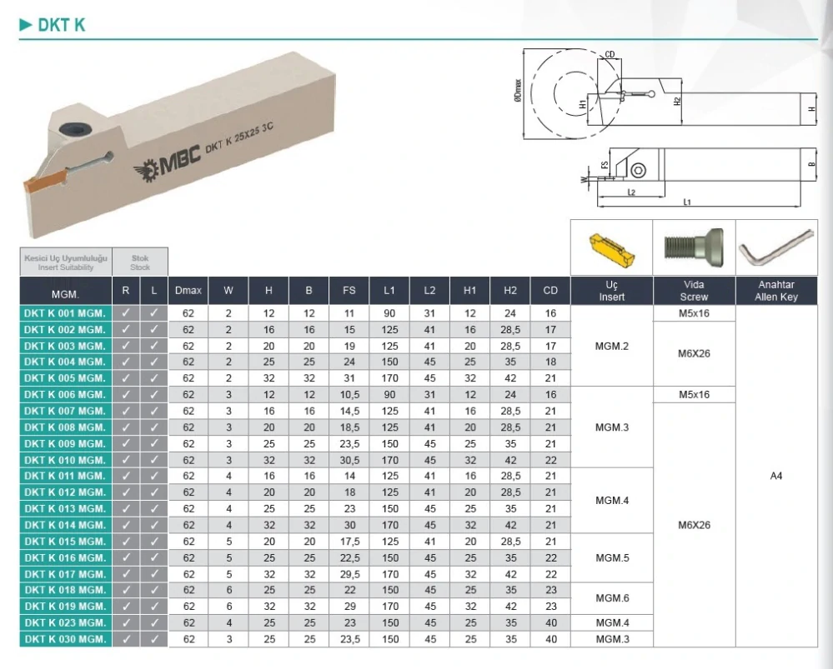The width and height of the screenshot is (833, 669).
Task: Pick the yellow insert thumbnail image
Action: [611, 248]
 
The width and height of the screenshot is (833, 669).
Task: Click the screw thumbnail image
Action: [694, 247]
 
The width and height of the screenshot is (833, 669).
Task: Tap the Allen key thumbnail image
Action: [776, 247]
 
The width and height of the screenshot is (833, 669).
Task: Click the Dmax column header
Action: [188, 291]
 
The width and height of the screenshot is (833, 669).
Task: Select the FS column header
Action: [349, 291]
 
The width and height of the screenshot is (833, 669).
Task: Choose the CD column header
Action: [550, 291]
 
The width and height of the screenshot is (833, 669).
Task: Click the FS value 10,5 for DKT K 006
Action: [349, 395]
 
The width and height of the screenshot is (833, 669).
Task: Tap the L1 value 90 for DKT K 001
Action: [389, 313]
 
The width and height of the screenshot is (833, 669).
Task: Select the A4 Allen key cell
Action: [776, 476]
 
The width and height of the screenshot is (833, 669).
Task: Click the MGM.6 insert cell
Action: [611, 598]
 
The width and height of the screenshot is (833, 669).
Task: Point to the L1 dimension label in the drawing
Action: [686, 202]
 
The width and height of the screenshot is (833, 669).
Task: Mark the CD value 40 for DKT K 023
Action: [550, 622]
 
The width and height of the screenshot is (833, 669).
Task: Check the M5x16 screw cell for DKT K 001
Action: [694, 313]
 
